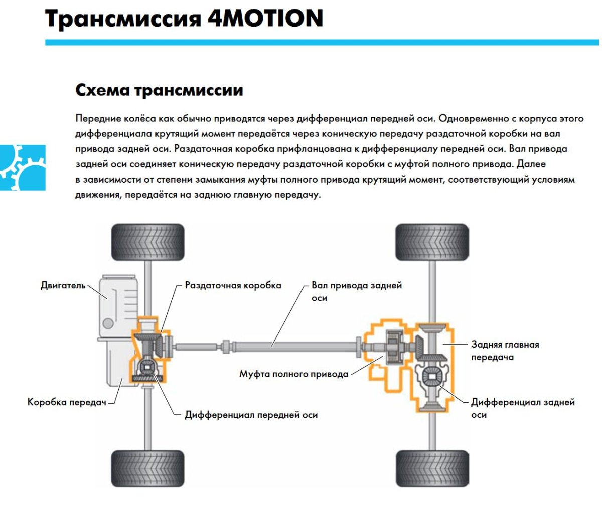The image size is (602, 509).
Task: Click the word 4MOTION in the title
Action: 265,19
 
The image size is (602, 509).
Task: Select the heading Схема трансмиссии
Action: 159,90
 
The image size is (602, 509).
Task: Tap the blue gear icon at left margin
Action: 23,167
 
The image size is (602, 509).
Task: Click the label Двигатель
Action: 63,286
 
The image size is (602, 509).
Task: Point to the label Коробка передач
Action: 67,402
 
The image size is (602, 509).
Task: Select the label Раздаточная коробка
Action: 233,285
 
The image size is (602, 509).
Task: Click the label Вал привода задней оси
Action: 356,291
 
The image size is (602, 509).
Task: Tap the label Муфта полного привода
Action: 293,374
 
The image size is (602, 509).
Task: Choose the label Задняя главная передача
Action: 505,351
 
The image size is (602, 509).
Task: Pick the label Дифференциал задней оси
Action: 522,408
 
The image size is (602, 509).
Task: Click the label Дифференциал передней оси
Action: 251,415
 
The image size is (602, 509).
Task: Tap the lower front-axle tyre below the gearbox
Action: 147,468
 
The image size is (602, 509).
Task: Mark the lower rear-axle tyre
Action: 432,468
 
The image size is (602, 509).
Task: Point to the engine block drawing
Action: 115,306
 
